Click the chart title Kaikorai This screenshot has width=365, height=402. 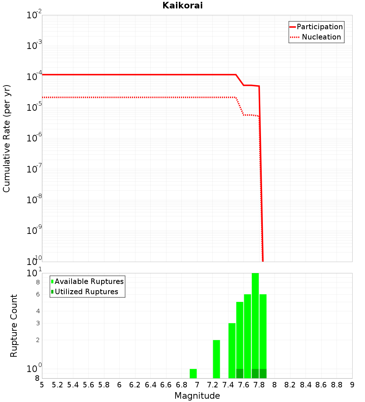click(182, 5)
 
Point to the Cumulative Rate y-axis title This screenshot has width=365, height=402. click(7, 138)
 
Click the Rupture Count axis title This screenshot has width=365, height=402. click(14, 326)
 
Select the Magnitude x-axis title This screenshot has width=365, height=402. click(197, 396)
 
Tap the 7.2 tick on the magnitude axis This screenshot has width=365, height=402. click(212, 385)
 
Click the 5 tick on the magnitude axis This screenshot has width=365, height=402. click(42, 385)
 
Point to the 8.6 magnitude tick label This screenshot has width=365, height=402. click(321, 385)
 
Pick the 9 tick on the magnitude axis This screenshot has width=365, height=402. click(352, 385)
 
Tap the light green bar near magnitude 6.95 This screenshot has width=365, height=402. click(193, 373)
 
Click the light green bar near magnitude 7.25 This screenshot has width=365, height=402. click(216, 359)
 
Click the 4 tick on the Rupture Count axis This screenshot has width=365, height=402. click(38, 311)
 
